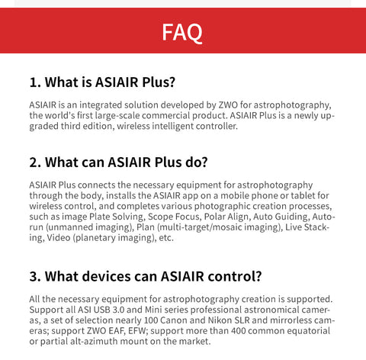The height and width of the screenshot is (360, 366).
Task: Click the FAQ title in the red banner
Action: point(182,33)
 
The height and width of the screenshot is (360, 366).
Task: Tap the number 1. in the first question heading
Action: point(35,82)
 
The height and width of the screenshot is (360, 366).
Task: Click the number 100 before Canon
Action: point(151,320)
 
